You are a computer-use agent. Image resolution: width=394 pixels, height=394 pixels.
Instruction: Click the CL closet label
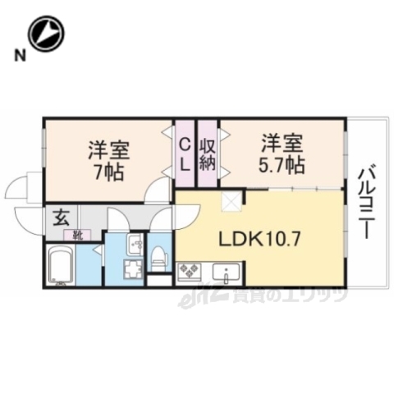[x=186, y=153]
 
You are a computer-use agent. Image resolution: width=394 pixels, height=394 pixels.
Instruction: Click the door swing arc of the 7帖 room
[x=157, y=192]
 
